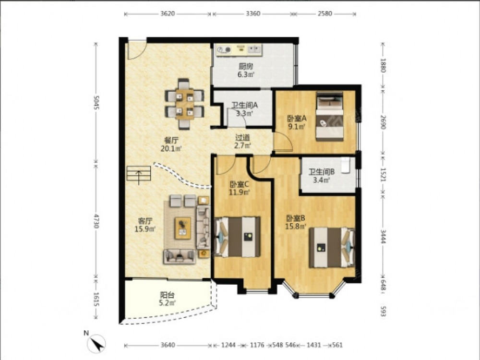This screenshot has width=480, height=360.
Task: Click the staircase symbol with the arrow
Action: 139,175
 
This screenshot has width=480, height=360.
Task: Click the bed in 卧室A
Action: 329,116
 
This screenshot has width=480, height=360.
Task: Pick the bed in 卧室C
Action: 238,237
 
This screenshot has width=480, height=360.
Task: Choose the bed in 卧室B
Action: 332,247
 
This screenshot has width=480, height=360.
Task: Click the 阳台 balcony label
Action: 167,295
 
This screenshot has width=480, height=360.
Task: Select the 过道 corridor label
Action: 242,138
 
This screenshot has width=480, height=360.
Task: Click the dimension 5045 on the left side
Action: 96,102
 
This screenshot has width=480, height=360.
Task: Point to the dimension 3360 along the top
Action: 253,13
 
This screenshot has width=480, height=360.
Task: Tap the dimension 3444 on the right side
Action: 383,237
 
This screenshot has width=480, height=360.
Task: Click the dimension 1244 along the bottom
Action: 228,345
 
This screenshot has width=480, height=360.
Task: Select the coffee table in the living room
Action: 183,228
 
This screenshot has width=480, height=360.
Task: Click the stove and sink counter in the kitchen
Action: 239,50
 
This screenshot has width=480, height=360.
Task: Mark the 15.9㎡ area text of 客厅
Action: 145,229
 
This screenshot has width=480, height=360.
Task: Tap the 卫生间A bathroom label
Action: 244,105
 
